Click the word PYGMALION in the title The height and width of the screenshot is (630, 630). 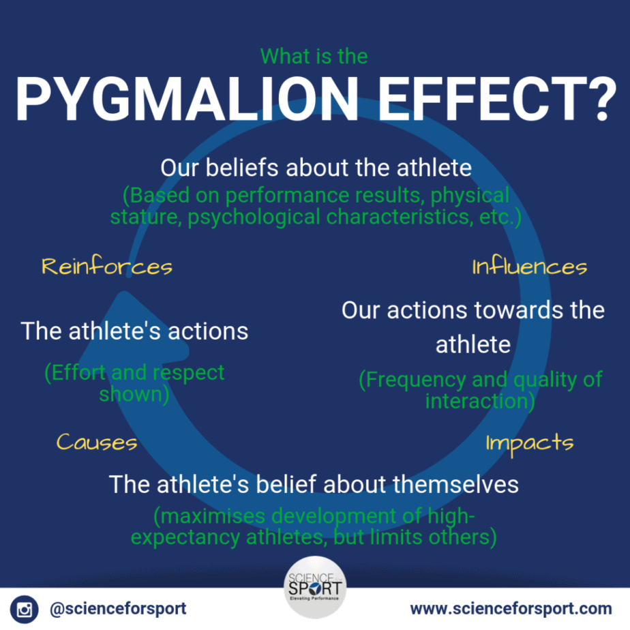click(187, 99)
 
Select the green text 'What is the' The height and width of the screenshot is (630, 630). click(314, 56)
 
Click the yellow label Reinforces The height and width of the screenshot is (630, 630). click(107, 267)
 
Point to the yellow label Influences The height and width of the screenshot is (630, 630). click(530, 267)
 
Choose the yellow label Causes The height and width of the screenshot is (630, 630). click(97, 442)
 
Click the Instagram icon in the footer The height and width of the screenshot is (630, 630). click(24, 609)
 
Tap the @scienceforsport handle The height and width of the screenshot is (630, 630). click(118, 609)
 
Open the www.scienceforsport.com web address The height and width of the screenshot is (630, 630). click(511, 609)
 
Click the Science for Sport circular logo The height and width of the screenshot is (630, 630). click(315, 588)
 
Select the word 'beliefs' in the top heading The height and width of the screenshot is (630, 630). click(242, 167)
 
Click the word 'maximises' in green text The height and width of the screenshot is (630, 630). click(213, 516)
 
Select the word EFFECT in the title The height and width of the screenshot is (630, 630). click(479, 99)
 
